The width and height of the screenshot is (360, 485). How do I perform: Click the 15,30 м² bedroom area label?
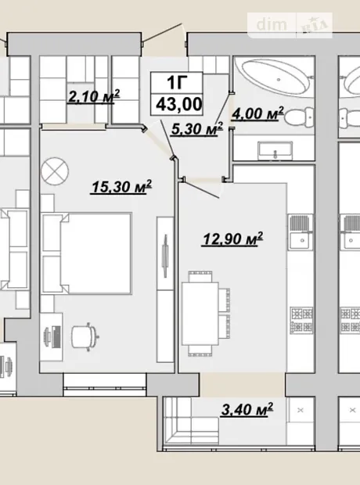click(x=121, y=186)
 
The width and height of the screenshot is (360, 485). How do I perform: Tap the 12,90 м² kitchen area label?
click(x=232, y=239)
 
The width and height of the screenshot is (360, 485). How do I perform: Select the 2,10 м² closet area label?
click(x=94, y=96)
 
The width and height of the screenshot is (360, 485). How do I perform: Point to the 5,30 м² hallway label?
click(x=197, y=128)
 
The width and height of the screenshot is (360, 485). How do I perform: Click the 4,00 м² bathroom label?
click(x=257, y=113)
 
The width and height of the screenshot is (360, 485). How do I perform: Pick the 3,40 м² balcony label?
click(x=247, y=409)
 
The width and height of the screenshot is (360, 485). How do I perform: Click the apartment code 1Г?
click(x=177, y=83)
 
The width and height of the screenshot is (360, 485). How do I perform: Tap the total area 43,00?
click(x=179, y=104)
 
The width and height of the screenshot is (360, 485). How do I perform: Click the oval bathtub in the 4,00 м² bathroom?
click(x=275, y=78)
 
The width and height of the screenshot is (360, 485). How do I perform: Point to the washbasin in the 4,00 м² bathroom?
click(x=275, y=151)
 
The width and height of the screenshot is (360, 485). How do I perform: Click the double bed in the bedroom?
click(x=87, y=253)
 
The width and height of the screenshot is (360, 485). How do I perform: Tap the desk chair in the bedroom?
click(x=85, y=337)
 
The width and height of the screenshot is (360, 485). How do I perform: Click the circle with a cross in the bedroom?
click(x=55, y=171)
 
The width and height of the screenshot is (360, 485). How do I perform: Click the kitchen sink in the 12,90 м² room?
click(x=301, y=232)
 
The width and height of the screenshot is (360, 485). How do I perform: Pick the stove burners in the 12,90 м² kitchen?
click(x=301, y=320)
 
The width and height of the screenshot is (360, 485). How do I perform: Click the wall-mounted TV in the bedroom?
click(x=165, y=256)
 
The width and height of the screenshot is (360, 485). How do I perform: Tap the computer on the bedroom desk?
click(x=53, y=336)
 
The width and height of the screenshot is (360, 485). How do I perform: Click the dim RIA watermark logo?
click(x=290, y=25)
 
